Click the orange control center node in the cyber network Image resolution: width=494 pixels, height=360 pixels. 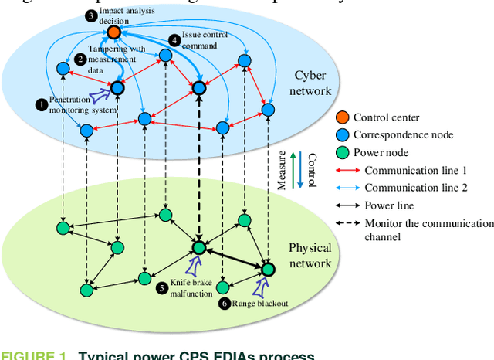point(114,32)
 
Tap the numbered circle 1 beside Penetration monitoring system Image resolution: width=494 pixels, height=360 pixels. point(42,102)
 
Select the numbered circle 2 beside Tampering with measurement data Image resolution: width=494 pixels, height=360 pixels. point(80,59)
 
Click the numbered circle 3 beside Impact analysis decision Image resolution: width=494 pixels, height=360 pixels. point(90,15)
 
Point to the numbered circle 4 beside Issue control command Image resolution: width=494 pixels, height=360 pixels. point(175,39)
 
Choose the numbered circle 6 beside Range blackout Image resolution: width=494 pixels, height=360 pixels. point(225,304)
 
